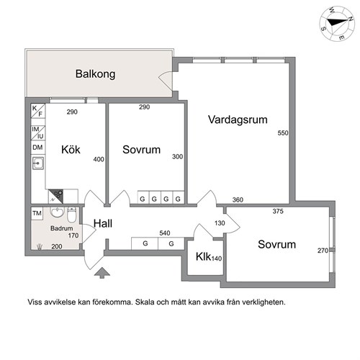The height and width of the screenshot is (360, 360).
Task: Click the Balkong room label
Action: [x=96, y=74]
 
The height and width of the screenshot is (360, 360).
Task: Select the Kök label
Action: [x=70, y=150]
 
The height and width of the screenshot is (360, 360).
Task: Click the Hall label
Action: [x=103, y=224]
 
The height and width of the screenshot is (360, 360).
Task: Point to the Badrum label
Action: [x=61, y=228]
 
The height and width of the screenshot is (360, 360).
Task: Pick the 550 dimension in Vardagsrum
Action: [x=282, y=134]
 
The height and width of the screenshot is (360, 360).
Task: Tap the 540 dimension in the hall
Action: [x=164, y=233]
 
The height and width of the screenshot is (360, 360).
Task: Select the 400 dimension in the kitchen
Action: [x=99, y=160]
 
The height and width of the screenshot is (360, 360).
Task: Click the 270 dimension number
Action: [x=323, y=251]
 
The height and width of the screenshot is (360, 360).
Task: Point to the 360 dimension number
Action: [x=238, y=199]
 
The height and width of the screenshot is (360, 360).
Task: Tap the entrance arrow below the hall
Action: [x=104, y=272]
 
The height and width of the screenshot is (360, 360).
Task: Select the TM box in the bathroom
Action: [x=37, y=214]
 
